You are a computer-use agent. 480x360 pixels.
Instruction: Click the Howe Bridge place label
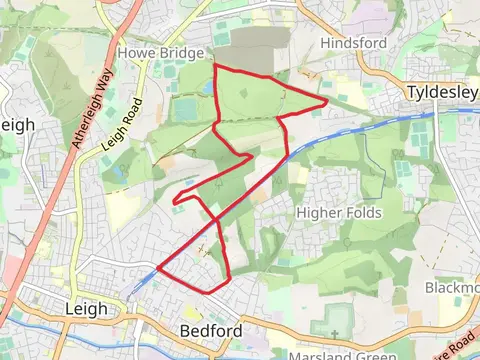point(160,52)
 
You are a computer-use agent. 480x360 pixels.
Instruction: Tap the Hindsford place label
point(352,43)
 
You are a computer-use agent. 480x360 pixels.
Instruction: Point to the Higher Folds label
point(338,213)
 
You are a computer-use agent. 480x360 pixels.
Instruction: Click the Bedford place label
point(210,330)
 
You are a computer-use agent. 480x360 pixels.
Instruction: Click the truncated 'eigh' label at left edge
point(17,124)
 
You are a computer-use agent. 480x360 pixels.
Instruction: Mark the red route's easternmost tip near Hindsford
point(328,102)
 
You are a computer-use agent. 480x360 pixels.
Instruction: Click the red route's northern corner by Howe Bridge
point(216,66)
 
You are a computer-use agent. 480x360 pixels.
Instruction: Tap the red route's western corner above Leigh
point(158,270)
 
